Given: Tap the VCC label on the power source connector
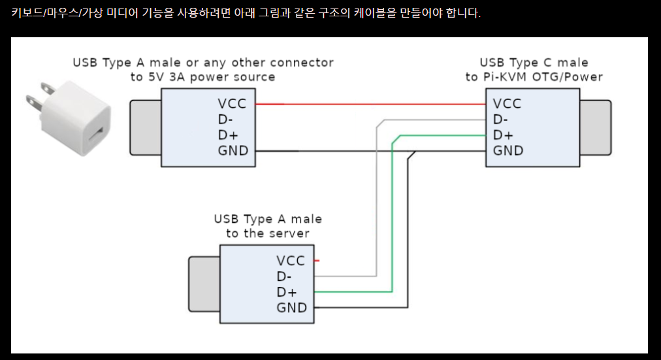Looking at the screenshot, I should pyautogui.click(x=233, y=103).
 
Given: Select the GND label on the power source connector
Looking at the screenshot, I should pyautogui.click(x=233, y=151).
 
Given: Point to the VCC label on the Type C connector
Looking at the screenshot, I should pyautogui.click(x=508, y=103).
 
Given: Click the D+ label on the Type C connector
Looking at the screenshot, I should pyautogui.click(x=503, y=135).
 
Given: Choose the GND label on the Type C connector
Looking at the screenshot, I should pyautogui.click(x=508, y=151).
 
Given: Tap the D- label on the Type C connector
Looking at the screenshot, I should pyautogui.click(x=501, y=119).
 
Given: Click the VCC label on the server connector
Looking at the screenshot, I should pyautogui.click(x=291, y=261).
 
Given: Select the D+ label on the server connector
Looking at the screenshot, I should pyautogui.click(x=286, y=292).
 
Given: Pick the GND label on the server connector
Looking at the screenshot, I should pyautogui.click(x=291, y=308).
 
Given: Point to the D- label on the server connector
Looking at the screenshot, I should pyautogui.click(x=284, y=276).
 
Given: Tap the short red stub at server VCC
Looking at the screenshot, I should pyautogui.click(x=317, y=261).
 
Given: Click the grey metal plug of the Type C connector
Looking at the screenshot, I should pyautogui.click(x=595, y=127).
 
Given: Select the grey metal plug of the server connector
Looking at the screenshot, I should pyautogui.click(x=204, y=284).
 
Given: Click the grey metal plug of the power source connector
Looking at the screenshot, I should pyautogui.click(x=145, y=127).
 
